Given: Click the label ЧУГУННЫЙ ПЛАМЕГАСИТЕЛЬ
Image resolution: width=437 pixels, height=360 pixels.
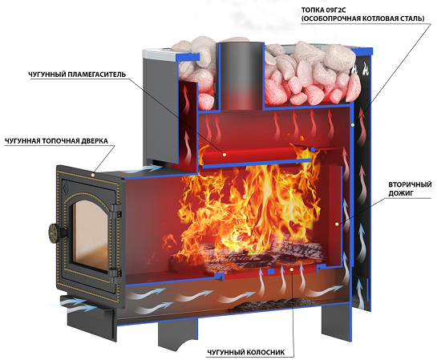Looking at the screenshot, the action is (x=77, y=75).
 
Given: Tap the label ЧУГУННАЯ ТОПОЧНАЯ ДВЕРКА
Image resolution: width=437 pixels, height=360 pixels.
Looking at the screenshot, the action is (x=56, y=141).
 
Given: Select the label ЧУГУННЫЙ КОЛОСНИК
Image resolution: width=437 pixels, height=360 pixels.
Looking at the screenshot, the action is (x=246, y=353).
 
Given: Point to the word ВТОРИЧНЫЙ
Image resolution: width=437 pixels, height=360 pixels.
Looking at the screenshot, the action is (x=410, y=184).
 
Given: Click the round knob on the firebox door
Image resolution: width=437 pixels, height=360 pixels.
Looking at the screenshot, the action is (x=55, y=232).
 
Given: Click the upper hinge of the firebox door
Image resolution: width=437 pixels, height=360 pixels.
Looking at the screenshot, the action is (x=116, y=211).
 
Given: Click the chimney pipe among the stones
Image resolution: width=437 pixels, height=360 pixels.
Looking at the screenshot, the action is (x=241, y=75).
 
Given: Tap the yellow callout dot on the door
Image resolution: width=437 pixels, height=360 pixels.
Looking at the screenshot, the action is (x=93, y=175).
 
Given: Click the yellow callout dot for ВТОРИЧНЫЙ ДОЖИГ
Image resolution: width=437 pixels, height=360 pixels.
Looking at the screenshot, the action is (x=338, y=224).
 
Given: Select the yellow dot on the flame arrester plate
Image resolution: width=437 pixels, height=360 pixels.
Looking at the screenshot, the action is (x=225, y=154).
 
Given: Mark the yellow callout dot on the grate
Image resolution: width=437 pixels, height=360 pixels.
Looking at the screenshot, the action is (x=292, y=269).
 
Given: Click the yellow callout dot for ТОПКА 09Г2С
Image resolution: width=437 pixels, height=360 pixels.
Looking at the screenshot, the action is (x=353, y=125).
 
